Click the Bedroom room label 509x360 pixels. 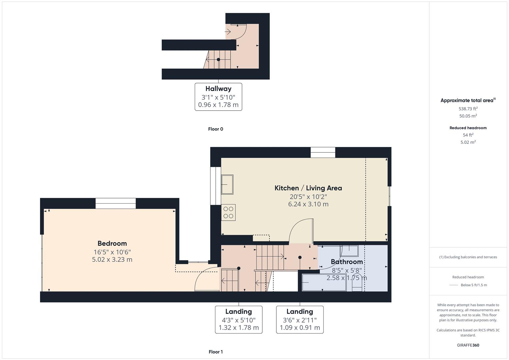pos(112,243)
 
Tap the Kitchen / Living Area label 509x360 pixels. pos(308,188)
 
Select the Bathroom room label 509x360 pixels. pos(347,262)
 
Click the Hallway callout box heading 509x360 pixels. pos(218,89)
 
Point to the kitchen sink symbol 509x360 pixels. pos(227,184)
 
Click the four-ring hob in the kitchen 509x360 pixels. pos(228,212)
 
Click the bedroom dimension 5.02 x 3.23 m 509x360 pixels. pos(112,260)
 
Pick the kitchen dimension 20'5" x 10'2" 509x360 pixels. pos(308,197)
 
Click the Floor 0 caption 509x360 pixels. pos(215,129)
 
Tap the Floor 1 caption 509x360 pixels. pos(215,352)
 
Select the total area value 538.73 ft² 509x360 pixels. pos(468,109)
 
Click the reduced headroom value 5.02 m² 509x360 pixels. pos(468,142)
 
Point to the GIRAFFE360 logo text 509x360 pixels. pos(468,345)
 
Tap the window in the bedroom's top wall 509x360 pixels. pos(116,203)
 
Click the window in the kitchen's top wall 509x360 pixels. pos(323,152)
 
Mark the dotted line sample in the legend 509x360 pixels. pos(454,285)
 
